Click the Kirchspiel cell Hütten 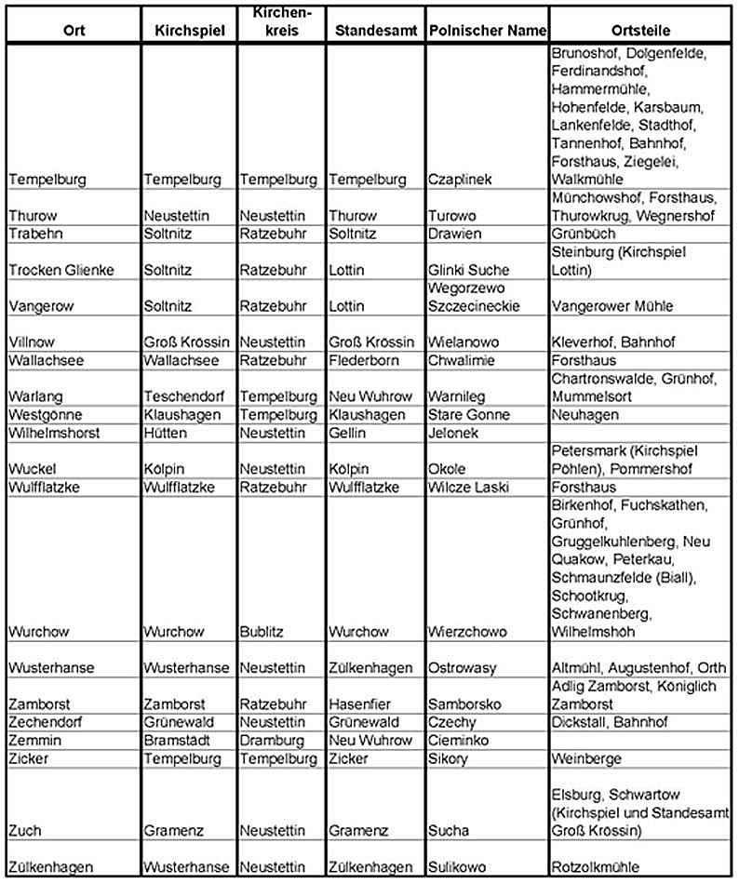point(164,433)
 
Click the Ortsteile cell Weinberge point(586,759)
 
